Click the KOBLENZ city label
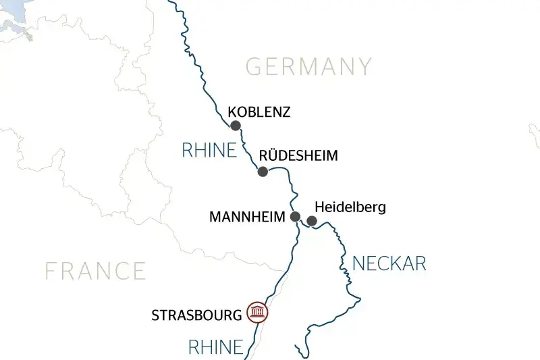[259, 112]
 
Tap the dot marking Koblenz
[236, 126]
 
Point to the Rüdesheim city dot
[263, 172]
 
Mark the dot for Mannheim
[295, 217]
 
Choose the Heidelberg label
[350, 207]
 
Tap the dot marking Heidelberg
[312, 221]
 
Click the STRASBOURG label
[196, 315]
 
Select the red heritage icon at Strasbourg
[257, 312]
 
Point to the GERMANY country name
[308, 67]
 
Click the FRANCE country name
[95, 271]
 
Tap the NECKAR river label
[389, 263]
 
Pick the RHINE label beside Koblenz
[209, 151]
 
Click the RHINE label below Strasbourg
[215, 348]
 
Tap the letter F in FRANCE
[51, 271]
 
